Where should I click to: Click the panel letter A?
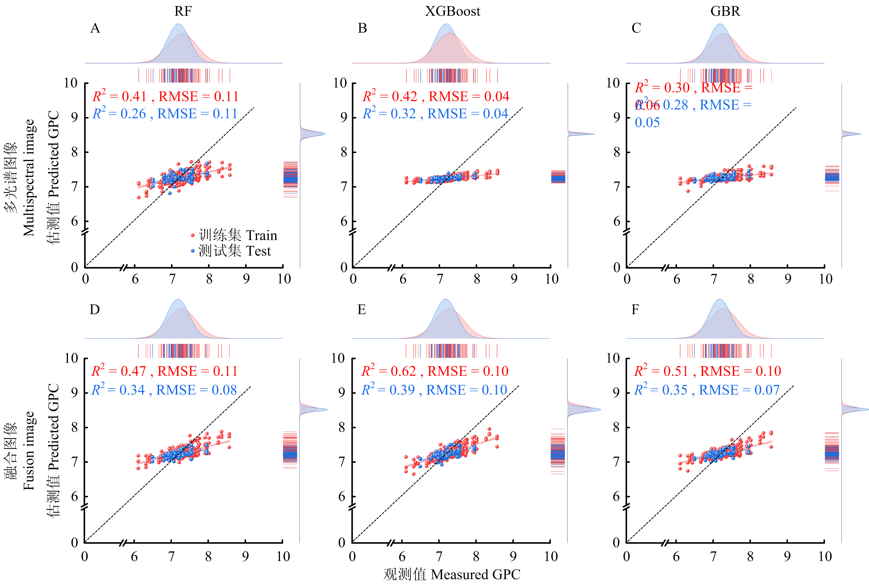tap(95, 28)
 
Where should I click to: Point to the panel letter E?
tap(362, 310)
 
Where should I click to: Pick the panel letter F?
tap(635, 310)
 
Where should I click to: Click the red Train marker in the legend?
tap(193, 235)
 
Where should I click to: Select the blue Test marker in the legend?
tap(193, 251)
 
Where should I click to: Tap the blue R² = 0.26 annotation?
tap(119, 114)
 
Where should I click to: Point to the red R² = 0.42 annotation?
tap(390, 96)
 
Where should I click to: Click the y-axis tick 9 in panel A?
tap(75, 118)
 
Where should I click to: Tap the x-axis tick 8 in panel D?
tap(208, 557)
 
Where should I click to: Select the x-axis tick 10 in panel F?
tap(825, 557)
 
